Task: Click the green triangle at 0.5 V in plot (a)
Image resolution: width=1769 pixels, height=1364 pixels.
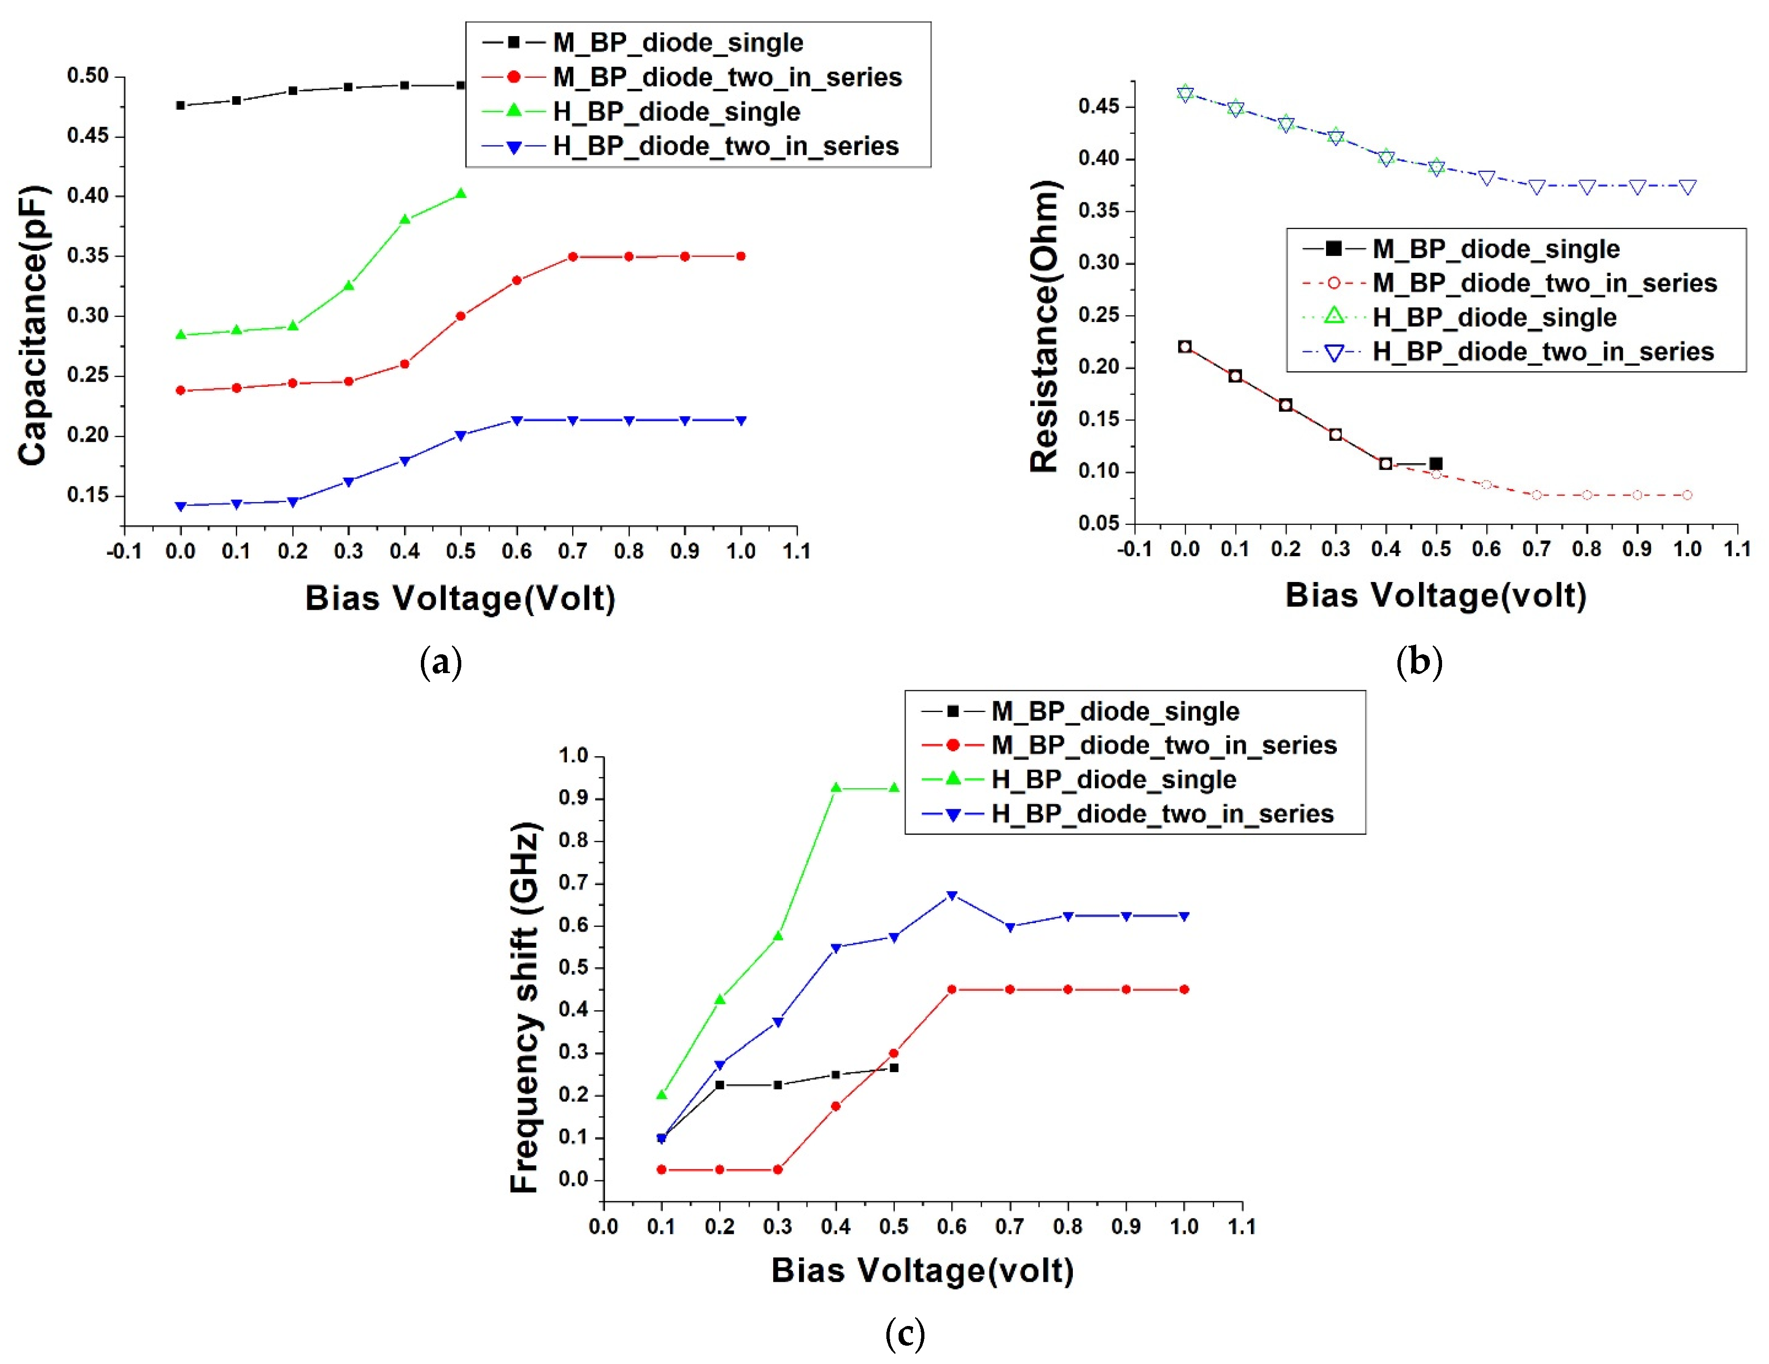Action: [461, 193]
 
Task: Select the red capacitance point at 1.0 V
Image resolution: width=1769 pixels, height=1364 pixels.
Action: [740, 257]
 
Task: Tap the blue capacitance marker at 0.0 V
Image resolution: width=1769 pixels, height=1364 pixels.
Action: [181, 506]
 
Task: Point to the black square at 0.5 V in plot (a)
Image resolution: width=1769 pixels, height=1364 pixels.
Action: [461, 85]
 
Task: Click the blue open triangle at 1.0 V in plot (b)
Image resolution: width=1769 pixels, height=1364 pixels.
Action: [1687, 187]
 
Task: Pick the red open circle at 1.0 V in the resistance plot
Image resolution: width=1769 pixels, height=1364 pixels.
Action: [1687, 495]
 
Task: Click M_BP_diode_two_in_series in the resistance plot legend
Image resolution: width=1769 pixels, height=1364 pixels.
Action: [1544, 284]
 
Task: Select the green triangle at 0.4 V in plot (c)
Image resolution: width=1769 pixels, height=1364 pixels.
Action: [836, 788]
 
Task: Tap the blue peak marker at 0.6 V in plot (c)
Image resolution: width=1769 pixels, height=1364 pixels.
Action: [952, 895]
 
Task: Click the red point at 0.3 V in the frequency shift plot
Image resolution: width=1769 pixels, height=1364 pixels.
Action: [777, 1170]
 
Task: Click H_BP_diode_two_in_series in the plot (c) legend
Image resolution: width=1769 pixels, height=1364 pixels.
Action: [1162, 813]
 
